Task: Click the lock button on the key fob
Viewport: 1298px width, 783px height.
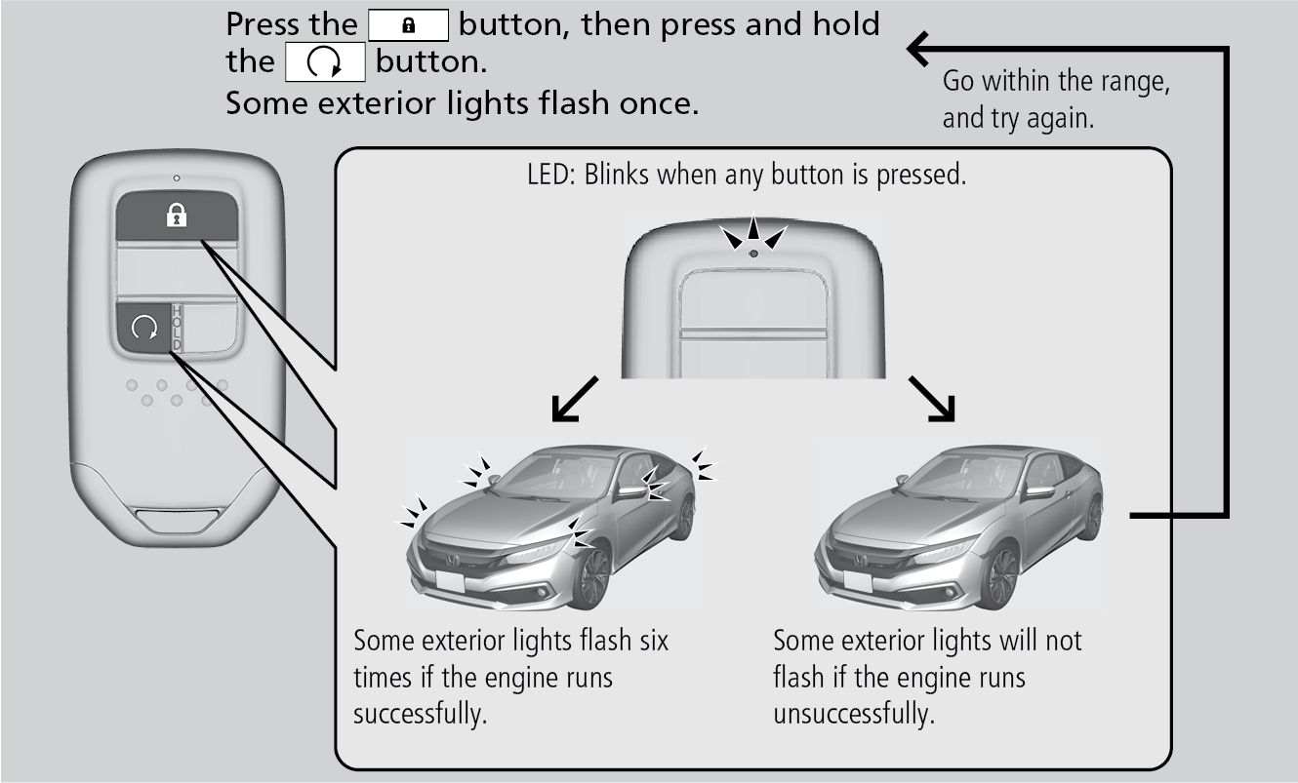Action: [x=176, y=215]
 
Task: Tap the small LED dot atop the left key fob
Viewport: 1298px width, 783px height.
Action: [x=176, y=178]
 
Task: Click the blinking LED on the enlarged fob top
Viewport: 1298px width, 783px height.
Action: [x=753, y=254]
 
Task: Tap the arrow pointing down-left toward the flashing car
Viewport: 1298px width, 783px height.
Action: [x=571, y=403]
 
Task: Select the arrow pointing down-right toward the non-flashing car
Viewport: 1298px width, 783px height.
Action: [x=933, y=401]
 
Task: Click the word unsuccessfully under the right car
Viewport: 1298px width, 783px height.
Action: [x=854, y=712]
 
